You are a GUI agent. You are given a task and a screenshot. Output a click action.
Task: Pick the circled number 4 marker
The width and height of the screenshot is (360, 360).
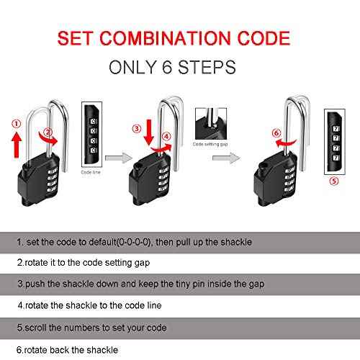click(166, 136)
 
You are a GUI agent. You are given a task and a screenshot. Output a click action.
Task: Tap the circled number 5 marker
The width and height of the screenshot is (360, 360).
click(333, 181)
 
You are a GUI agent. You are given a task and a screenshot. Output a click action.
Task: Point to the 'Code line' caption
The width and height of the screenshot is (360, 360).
click(91, 174)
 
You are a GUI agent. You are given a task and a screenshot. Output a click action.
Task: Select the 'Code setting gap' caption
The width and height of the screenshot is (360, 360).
click(209, 145)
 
